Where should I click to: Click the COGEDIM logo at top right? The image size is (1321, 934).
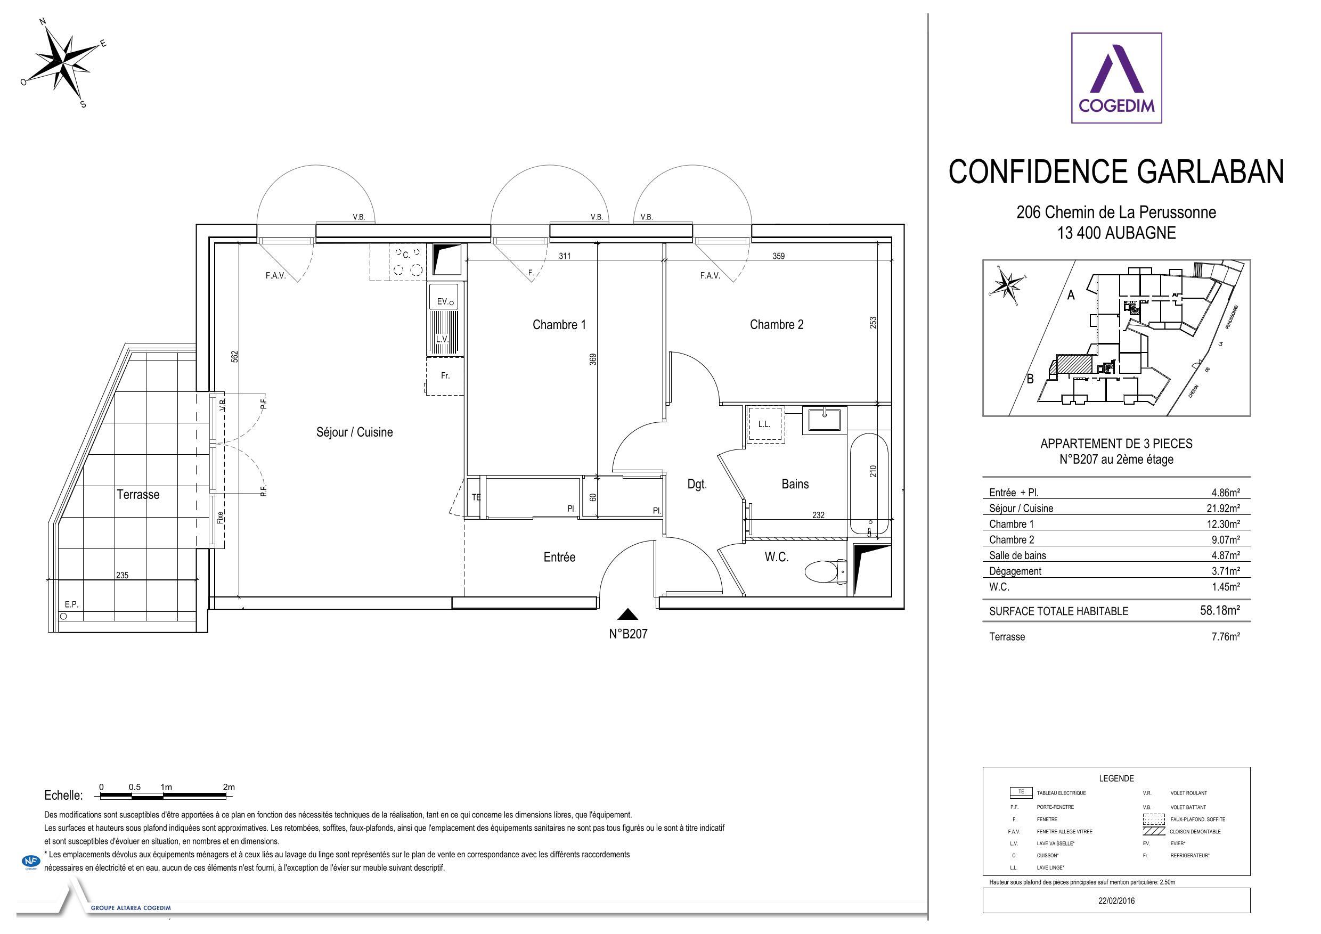(1116, 78)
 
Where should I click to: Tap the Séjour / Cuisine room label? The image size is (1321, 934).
(354, 432)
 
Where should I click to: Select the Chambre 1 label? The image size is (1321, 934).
(559, 324)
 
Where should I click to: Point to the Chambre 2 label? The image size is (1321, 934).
(776, 324)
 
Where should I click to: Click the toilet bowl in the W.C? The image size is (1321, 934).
(825, 572)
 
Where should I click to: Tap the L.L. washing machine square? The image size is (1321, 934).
(764, 424)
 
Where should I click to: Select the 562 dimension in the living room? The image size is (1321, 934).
(235, 357)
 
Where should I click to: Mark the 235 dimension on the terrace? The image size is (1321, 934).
(122, 575)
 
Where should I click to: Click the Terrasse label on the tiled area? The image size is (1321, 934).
(138, 494)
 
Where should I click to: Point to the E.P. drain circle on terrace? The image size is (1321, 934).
(63, 616)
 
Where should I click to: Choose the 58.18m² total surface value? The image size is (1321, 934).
(1219, 611)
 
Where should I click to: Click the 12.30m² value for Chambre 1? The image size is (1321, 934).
(1225, 524)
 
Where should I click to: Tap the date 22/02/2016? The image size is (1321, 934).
(1116, 901)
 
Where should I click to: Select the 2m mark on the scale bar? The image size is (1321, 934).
(229, 788)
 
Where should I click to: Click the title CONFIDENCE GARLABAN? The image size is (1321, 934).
(1116, 171)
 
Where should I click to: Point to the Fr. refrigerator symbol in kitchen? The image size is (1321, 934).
(445, 375)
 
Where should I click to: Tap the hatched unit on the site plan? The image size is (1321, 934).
(1075, 364)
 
